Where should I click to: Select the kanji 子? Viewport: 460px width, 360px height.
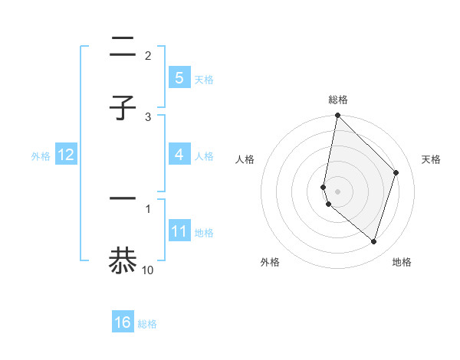(123, 108)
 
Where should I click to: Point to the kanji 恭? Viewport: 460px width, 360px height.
(123, 260)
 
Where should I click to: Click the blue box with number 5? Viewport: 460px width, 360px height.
(179, 78)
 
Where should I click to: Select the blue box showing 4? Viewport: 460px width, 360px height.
(179, 155)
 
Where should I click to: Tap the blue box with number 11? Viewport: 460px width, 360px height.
(179, 231)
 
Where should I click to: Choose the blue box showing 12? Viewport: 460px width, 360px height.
(65, 155)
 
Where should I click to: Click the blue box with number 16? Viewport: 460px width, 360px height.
(123, 322)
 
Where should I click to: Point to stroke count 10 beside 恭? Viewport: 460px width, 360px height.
(148, 270)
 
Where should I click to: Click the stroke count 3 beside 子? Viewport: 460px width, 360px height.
(148, 116)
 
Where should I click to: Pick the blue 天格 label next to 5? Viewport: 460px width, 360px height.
(204, 79)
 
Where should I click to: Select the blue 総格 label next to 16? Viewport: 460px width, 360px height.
(147, 323)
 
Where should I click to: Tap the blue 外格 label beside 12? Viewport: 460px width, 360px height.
(41, 155)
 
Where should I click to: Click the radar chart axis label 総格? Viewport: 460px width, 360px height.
(338, 100)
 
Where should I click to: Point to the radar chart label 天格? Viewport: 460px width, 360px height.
(432, 159)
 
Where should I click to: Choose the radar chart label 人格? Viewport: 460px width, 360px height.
(245, 159)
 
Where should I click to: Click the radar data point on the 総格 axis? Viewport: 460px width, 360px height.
(337, 115)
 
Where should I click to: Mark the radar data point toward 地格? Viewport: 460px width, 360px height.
(373, 241)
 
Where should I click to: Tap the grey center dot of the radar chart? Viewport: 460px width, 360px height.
(337, 191)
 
